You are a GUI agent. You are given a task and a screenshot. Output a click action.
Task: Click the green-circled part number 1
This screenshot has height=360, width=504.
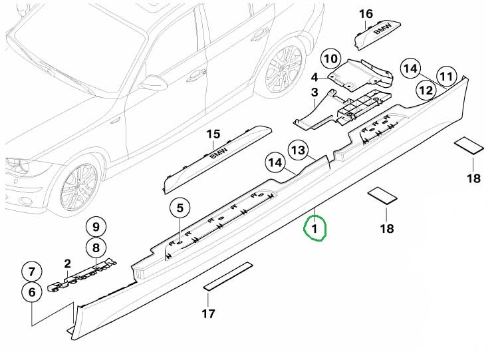click(x=315, y=229)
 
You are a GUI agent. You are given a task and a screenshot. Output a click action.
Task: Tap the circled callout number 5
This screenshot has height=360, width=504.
click(x=180, y=208)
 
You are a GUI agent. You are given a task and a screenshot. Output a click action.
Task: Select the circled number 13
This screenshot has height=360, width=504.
click(x=298, y=150)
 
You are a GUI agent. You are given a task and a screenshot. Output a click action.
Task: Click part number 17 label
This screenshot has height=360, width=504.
click(x=208, y=313)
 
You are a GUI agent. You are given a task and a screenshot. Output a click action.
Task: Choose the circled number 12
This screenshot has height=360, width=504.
click(x=426, y=90)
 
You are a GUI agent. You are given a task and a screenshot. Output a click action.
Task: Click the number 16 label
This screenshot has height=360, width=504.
click(x=366, y=14)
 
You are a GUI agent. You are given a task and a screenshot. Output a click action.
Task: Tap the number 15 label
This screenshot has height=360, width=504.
click(x=213, y=134)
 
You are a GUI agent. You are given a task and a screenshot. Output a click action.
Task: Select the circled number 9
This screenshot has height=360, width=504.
click(x=96, y=227)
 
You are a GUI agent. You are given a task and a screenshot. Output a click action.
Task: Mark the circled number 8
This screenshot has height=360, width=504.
click(x=96, y=248)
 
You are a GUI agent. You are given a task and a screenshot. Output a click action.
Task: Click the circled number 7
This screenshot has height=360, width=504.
click(x=31, y=271)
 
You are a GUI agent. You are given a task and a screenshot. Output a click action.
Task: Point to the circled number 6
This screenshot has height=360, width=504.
click(x=31, y=292)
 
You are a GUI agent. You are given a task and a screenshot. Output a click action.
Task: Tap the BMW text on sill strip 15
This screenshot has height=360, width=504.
click(x=219, y=153)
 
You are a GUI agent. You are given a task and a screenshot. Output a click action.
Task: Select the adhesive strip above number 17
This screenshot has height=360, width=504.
click(x=228, y=277)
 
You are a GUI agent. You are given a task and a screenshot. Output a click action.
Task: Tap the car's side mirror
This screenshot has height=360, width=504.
click(x=154, y=83)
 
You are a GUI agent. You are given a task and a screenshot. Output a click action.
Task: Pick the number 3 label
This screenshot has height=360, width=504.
click(x=315, y=92)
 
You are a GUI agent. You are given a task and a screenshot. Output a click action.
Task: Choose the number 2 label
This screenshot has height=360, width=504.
click(x=67, y=264)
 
